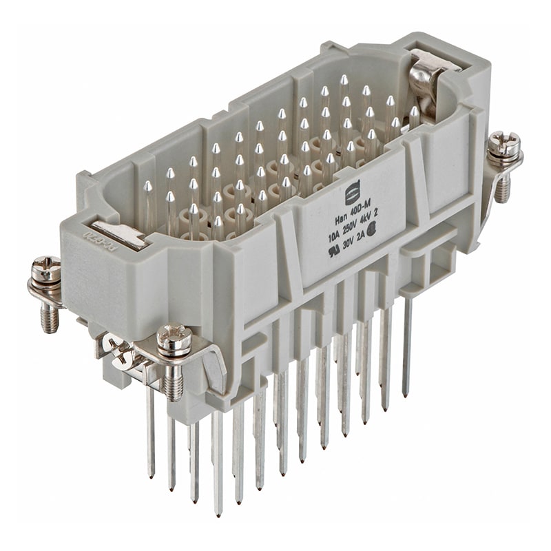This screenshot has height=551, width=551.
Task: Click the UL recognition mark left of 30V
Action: point(334,251)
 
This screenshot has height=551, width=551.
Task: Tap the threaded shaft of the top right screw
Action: point(502,186)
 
